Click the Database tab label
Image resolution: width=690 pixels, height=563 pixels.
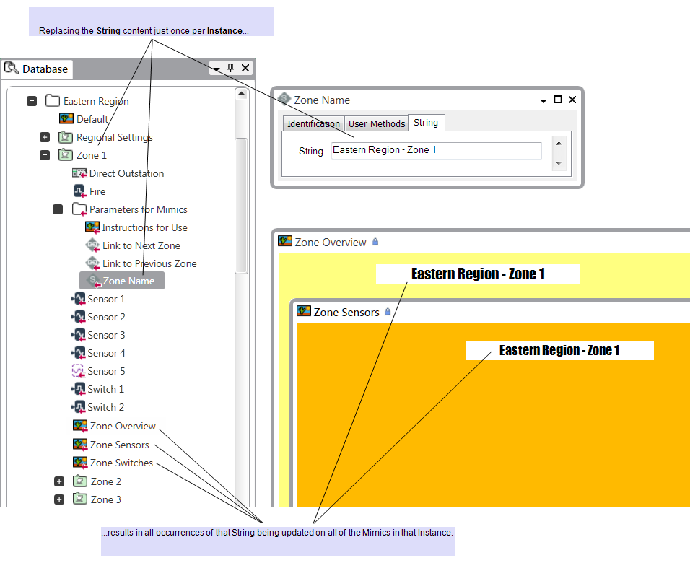(x=45, y=69)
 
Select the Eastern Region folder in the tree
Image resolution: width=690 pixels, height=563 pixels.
(x=95, y=101)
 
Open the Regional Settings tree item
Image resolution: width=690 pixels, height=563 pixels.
(x=114, y=137)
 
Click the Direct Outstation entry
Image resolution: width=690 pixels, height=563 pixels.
(x=126, y=173)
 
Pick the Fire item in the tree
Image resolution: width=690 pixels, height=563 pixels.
(x=97, y=191)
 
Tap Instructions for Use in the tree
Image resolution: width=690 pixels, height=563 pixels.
(x=144, y=227)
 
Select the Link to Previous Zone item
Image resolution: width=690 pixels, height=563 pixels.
(x=149, y=263)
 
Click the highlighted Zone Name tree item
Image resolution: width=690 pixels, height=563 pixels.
(x=128, y=281)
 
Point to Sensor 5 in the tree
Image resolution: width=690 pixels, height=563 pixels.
(x=106, y=371)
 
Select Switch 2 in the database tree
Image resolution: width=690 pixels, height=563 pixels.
(x=105, y=407)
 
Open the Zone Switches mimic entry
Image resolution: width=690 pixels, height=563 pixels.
(x=121, y=463)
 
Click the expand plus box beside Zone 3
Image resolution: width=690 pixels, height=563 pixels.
(x=59, y=499)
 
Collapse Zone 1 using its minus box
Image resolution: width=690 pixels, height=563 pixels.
(x=45, y=155)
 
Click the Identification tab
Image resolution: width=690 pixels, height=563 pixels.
(x=313, y=123)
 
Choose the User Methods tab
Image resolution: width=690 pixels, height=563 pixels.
(x=377, y=123)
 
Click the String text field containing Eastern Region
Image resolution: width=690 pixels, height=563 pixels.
(x=436, y=150)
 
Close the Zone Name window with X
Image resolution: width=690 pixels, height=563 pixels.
(x=572, y=100)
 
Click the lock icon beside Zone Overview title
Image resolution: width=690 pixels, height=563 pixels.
(x=375, y=242)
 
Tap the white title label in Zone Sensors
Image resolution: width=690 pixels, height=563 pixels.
(x=559, y=351)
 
